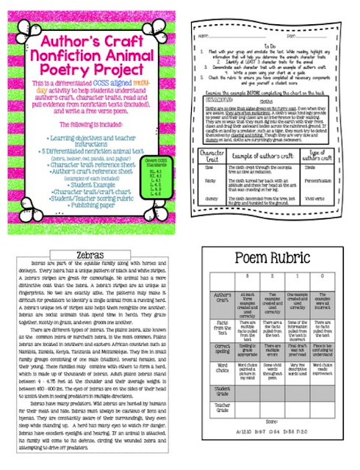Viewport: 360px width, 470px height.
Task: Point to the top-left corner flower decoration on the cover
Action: tap(16, 16)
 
